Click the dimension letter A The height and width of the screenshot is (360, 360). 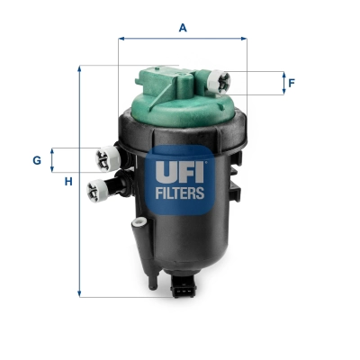click(183, 28)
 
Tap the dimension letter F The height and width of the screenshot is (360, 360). click(292, 84)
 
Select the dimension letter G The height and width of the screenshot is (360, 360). click(37, 160)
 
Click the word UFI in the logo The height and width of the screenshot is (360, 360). click(182, 168)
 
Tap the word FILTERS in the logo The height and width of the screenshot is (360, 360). click(182, 192)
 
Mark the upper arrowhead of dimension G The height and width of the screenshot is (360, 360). click(52, 150)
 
